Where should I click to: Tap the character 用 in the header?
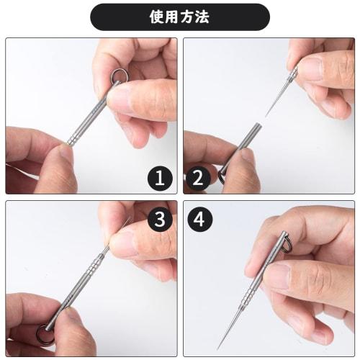click(174, 17)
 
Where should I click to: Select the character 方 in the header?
click(189, 17)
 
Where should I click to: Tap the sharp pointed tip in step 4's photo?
click(219, 349)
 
